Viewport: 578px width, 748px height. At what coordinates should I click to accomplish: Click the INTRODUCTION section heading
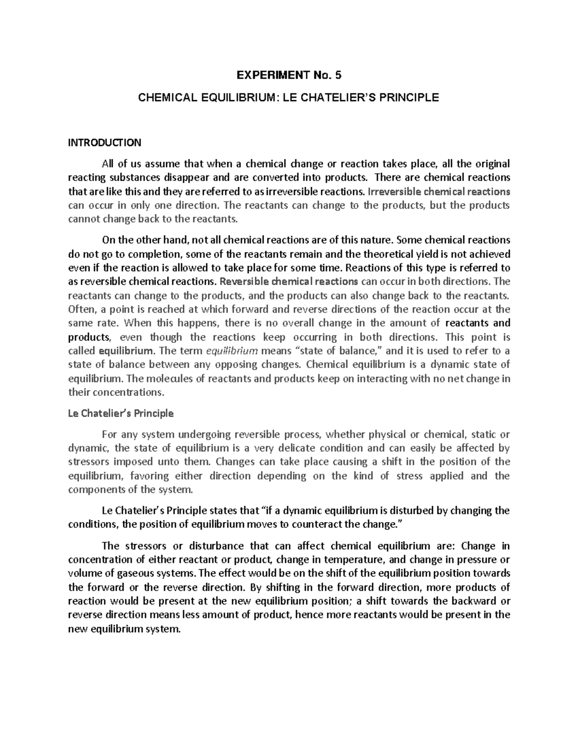pos(105,143)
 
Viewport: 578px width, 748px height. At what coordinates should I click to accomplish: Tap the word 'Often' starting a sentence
pos(81,309)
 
